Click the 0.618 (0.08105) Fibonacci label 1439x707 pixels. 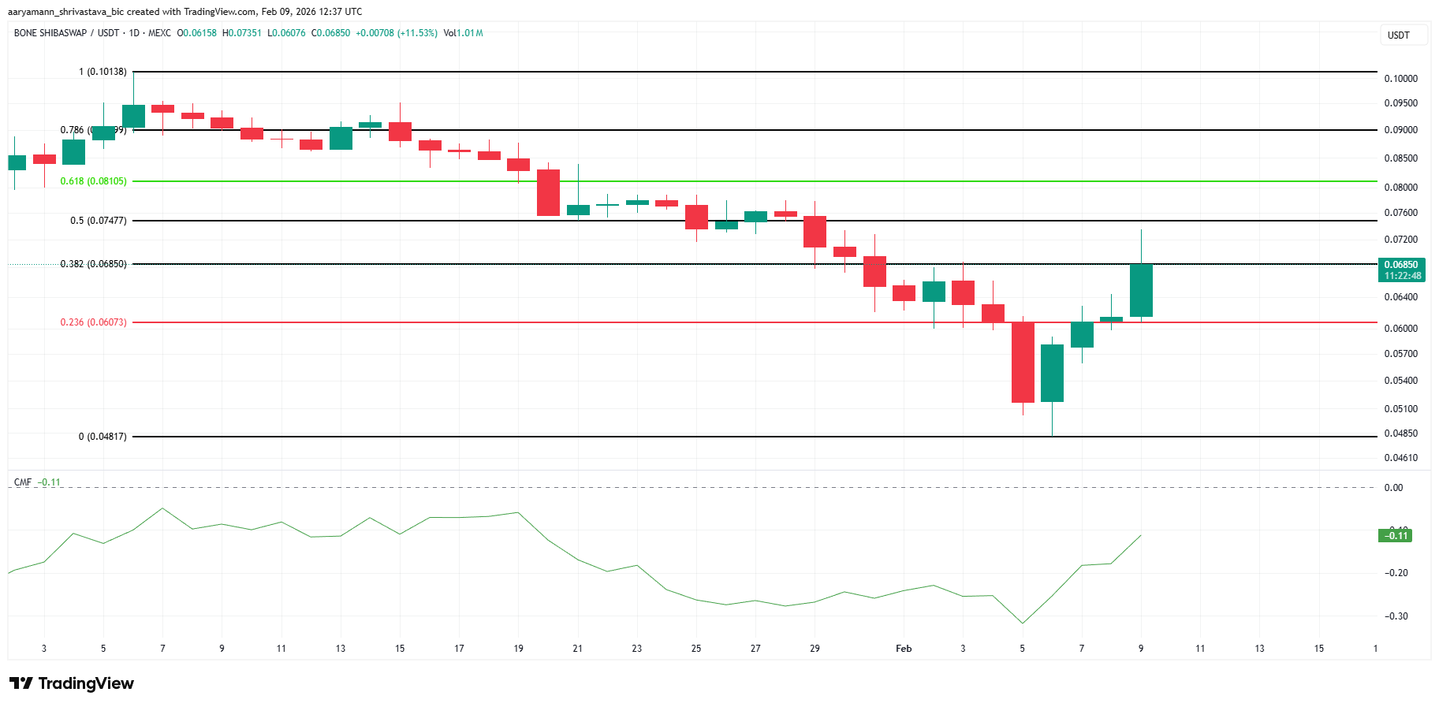(x=93, y=181)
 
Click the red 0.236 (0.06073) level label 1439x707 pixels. (x=93, y=322)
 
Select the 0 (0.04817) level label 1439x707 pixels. (x=103, y=437)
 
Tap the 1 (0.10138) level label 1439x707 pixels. (x=103, y=72)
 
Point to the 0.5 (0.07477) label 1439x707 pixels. (x=98, y=221)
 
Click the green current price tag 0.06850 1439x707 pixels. (x=1402, y=270)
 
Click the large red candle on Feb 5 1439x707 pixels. (x=1023, y=363)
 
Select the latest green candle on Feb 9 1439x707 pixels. (x=1141, y=290)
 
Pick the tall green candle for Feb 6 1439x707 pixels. (x=1052, y=373)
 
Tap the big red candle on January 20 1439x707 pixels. (x=548, y=192)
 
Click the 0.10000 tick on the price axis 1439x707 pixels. (x=1400, y=79)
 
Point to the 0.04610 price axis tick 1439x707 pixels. (x=1400, y=458)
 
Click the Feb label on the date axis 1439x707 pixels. (x=904, y=649)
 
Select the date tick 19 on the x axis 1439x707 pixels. (x=518, y=649)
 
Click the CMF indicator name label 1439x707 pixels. (x=23, y=482)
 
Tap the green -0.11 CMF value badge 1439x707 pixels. (x=1395, y=536)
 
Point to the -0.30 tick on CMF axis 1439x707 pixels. (x=1397, y=616)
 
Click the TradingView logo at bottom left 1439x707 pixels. (x=72, y=683)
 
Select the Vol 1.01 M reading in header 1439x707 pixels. (x=463, y=33)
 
